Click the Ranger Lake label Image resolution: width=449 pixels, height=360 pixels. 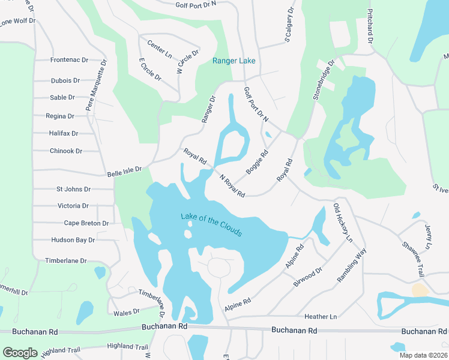coord(234,61)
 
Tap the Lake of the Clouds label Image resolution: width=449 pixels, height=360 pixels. coord(211,224)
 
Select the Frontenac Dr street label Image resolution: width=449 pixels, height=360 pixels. coord(69,60)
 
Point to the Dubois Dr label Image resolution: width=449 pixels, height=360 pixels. coord(65,80)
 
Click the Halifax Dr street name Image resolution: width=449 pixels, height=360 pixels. coord(64,133)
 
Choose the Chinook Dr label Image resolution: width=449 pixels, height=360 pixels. coord(66,151)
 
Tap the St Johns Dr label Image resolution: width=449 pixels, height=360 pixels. coord(73,189)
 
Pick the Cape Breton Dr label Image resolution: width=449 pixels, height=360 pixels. coord(86,223)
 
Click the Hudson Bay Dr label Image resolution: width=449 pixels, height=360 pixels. coord(73,240)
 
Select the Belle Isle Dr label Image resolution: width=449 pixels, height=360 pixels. coord(124,172)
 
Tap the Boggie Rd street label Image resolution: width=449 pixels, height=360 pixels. coord(256,161)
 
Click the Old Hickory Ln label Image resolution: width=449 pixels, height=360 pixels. coord(343,223)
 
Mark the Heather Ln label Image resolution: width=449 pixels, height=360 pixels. coord(321,316)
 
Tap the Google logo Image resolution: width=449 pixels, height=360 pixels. coord(20,353)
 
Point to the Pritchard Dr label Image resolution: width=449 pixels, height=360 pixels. coord(370,26)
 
